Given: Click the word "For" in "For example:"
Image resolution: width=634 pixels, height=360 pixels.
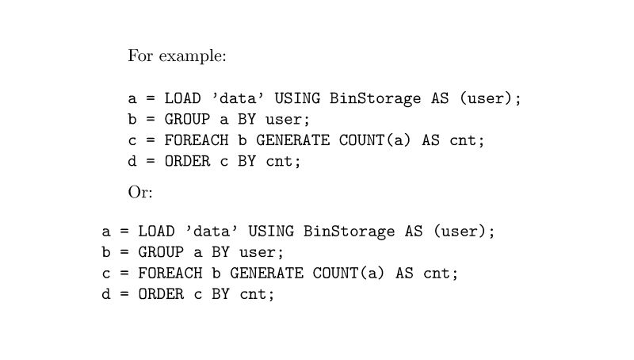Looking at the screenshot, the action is pyautogui.click(x=140, y=56).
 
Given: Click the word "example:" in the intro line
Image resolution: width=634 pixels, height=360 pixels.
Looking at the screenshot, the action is pyautogui.click(x=193, y=57).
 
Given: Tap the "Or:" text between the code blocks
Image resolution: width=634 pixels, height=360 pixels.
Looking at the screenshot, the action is pyautogui.click(x=140, y=192).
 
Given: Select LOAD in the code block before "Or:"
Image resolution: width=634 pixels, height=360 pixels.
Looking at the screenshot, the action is pyautogui.click(x=183, y=98).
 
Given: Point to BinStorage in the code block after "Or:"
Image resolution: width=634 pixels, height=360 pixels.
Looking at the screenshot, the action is pyautogui.click(x=349, y=232).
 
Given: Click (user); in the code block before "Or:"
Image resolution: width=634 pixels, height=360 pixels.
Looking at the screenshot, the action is pyautogui.click(x=491, y=98).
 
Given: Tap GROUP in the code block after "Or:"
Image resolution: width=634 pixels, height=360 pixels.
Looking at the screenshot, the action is pyautogui.click(x=161, y=252).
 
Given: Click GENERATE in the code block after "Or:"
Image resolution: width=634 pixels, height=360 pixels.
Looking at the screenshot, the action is pyautogui.click(x=266, y=274).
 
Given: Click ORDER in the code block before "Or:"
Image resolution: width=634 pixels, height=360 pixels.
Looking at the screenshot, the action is pyautogui.click(x=188, y=161).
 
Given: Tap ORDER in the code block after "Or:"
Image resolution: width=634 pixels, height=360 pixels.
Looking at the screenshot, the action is pyautogui.click(x=161, y=294).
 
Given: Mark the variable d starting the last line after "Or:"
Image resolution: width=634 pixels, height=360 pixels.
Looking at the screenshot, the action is pyautogui.click(x=105, y=294).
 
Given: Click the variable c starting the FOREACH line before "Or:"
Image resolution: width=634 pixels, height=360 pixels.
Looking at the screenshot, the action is pyautogui.click(x=132, y=140).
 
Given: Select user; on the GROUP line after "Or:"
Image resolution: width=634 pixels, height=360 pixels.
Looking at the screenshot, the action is pyautogui.click(x=262, y=252).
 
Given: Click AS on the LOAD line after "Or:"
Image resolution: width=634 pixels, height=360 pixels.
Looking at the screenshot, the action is pyautogui.click(x=414, y=232).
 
